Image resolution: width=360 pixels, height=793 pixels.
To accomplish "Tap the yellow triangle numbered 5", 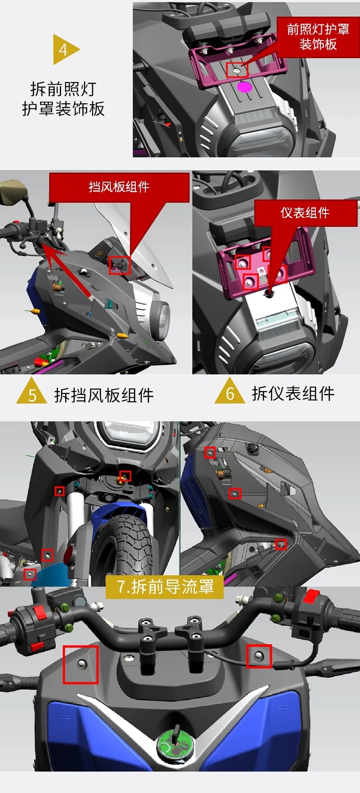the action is [x=32, y=392].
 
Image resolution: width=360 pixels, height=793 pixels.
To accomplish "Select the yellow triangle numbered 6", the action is [x=230, y=391].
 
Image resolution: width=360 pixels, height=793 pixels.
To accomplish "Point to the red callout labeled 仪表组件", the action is [x=305, y=213].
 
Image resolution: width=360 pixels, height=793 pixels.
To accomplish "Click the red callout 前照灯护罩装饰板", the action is [x=318, y=37].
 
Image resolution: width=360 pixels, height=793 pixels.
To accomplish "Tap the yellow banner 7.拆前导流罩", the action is [x=165, y=587].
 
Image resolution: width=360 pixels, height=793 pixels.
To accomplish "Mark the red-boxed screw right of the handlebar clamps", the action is [x=259, y=656].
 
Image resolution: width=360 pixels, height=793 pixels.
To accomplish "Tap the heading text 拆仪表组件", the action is [x=293, y=394].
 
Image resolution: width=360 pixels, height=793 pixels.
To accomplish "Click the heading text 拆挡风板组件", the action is [x=104, y=395].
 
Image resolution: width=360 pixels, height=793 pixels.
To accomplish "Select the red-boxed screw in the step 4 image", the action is [x=237, y=70].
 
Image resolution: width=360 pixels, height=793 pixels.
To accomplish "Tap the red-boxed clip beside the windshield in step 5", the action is [x=120, y=265].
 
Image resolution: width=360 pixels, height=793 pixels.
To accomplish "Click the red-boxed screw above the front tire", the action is [x=125, y=476].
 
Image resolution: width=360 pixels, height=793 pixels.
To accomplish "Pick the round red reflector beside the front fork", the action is [x=69, y=555].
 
